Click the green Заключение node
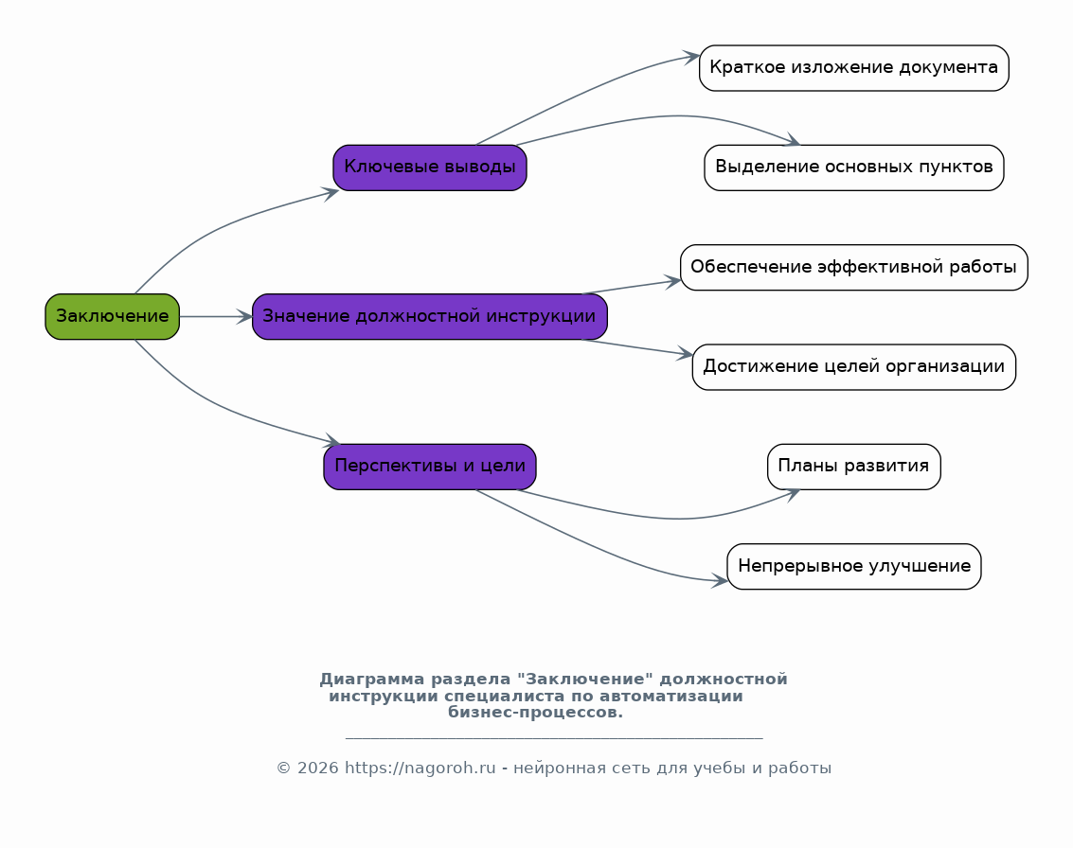113,317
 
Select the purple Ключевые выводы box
430,168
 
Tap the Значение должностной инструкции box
430,317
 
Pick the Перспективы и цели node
430,467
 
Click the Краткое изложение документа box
854,68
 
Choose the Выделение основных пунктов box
854,168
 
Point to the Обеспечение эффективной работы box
854,268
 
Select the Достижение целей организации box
854,367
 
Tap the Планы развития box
854,467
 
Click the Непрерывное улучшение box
854,566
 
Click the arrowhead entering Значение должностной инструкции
245,317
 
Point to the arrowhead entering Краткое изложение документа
692,58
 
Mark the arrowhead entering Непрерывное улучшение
719,580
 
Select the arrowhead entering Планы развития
793,494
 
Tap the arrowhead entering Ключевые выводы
331,193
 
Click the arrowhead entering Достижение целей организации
685,354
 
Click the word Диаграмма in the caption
371,680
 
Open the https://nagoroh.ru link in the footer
420,768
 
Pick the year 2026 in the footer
317,768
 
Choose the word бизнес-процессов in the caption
535,713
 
